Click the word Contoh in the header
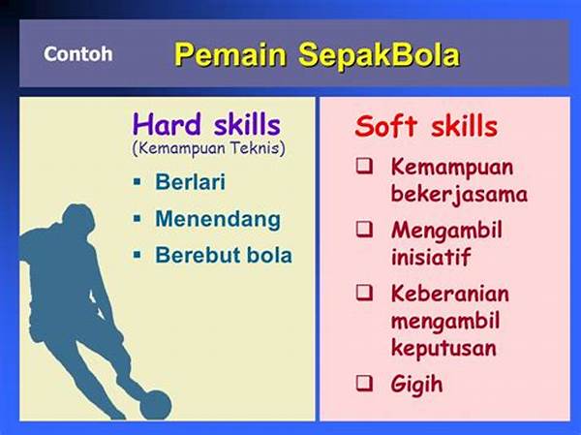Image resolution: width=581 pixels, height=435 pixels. pos(78,54)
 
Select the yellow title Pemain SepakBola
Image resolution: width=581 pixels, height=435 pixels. pos(318,55)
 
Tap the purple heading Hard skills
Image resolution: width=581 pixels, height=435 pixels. pos(206,124)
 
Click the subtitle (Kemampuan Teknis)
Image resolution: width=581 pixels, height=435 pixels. pos(208,149)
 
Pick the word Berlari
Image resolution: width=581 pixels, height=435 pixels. pos(190,182)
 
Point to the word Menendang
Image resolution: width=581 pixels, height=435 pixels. pos(218,220)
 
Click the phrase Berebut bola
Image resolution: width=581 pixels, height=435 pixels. pos(224,255)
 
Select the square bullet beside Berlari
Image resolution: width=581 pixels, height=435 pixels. pos(138,182)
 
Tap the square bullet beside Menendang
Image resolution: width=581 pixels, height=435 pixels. pos(138,219)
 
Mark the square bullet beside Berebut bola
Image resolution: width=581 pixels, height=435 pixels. pos(138,255)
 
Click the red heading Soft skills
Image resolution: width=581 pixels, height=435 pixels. pos(426,127)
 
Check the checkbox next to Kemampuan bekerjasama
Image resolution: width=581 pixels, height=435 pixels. pos(365,166)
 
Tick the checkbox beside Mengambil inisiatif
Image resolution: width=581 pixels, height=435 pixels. pos(365,229)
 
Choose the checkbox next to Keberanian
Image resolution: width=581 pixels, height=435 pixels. pos(365,293)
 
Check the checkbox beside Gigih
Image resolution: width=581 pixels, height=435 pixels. pos(365,383)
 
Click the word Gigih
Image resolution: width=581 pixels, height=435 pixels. pos(416,384)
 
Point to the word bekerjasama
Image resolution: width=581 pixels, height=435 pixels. pos(459,194)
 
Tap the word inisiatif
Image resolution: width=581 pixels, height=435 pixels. pos(431,257)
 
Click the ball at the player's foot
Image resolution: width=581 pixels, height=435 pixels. pos(156,405)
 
